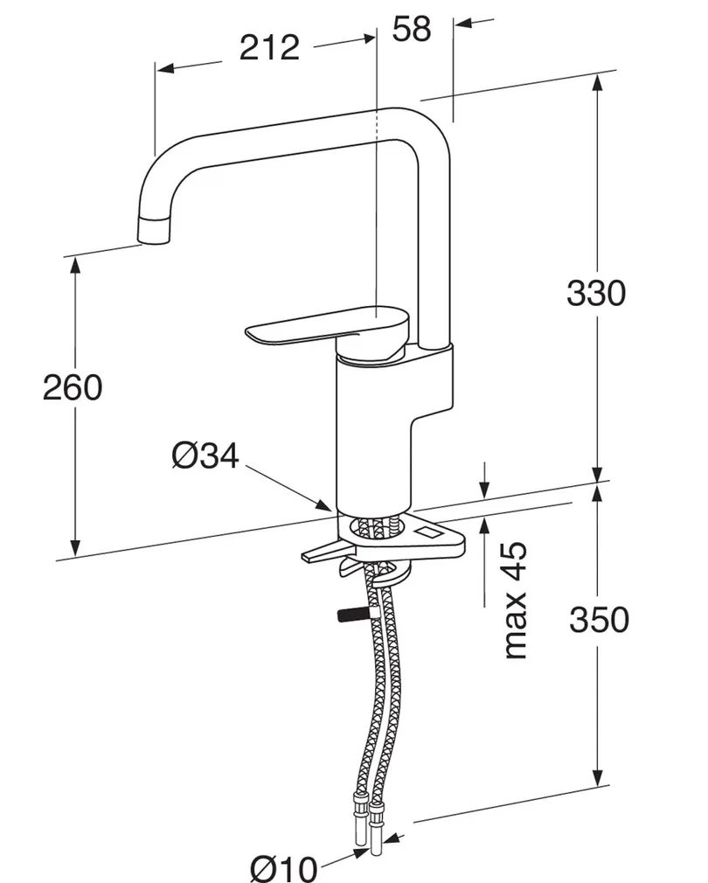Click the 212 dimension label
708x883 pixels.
[269, 47]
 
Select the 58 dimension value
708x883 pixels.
[413, 29]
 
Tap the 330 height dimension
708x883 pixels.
[596, 293]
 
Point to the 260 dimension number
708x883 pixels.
[73, 386]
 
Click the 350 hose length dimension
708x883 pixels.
[599, 619]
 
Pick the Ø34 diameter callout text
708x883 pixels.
[205, 455]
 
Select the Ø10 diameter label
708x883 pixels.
[282, 868]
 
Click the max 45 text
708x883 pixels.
[516, 600]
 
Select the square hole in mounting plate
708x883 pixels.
[429, 533]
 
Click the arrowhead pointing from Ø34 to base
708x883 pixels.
[325, 504]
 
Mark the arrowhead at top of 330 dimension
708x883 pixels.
[598, 81]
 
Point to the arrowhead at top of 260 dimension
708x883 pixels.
[76, 264]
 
